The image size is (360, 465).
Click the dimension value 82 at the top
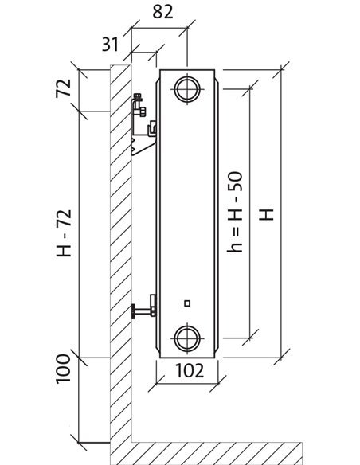pyautogui.click(x=162, y=13)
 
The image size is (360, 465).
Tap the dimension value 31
pyautogui.click(x=110, y=45)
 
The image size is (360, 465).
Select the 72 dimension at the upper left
pyautogui.click(x=64, y=88)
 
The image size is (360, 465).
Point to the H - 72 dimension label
pyautogui.click(x=64, y=233)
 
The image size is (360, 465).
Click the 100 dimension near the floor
pyautogui.click(x=64, y=369)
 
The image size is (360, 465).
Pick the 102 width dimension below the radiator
pyautogui.click(x=190, y=371)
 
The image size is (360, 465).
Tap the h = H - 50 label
pyautogui.click(x=235, y=212)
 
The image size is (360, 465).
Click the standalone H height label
pyautogui.click(x=266, y=215)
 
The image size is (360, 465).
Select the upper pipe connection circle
pyautogui.click(x=187, y=88)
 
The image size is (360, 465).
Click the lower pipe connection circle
pyautogui.click(x=187, y=338)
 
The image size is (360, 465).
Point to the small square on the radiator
pyautogui.click(x=187, y=303)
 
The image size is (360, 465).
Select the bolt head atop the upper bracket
pyautogui.click(x=137, y=96)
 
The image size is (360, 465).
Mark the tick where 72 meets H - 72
pyautogui.click(x=79, y=111)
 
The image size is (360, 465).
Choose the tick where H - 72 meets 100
pyautogui.click(x=79, y=358)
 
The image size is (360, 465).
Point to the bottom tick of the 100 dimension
pyautogui.click(x=79, y=443)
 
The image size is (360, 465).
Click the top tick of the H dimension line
pyautogui.click(x=281, y=70)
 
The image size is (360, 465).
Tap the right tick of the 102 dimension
pyautogui.click(x=218, y=384)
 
